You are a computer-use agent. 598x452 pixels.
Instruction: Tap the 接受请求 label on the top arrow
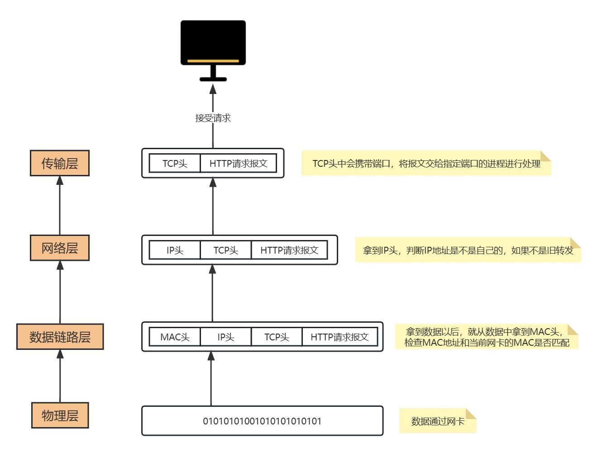[x=213, y=118]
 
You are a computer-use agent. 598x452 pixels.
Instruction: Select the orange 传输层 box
[x=60, y=163]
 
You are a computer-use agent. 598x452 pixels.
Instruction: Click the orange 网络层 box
[x=60, y=248]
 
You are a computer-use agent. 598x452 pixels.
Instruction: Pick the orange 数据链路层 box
[x=60, y=337]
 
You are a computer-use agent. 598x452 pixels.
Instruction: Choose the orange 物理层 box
[x=60, y=415]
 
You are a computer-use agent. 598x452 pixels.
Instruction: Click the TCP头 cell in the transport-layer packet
[x=175, y=163]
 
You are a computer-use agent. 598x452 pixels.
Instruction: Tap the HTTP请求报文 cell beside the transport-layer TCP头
[x=238, y=163]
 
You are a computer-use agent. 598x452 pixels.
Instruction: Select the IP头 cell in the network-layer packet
[x=175, y=250]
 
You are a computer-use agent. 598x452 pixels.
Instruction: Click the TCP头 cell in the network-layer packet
[x=225, y=250]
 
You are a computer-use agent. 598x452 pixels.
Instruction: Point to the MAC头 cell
[x=175, y=337]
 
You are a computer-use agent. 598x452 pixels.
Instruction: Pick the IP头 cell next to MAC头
[x=225, y=337]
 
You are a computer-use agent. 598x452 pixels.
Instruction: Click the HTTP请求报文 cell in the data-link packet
[x=340, y=337]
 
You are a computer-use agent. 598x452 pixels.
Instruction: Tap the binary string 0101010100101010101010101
[x=262, y=421]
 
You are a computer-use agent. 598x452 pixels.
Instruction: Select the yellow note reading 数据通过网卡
[x=437, y=421]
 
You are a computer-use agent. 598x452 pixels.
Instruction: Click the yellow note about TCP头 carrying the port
[x=426, y=164]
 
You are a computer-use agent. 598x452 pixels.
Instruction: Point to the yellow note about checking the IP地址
[x=468, y=250]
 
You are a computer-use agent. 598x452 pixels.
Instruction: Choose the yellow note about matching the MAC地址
[x=487, y=337]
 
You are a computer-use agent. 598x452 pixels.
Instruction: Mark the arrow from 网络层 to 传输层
[x=60, y=205]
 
